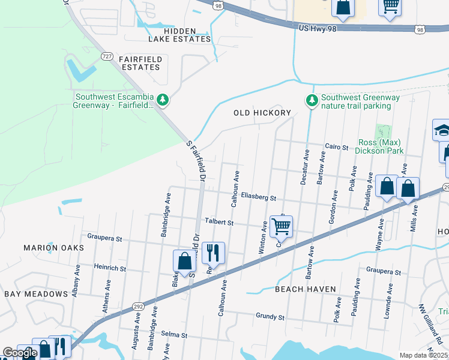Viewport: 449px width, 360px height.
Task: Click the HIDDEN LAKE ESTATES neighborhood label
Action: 180,35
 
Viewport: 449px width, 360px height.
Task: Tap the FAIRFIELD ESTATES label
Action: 139,63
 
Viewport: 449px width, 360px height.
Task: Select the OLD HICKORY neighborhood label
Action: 262,113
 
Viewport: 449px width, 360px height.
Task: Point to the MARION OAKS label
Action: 49,247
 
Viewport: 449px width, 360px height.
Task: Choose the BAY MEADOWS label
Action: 36,294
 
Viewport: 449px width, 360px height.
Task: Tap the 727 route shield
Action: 107,56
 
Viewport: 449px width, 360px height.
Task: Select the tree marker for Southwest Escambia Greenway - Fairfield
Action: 162,99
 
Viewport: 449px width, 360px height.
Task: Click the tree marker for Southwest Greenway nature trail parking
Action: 311,100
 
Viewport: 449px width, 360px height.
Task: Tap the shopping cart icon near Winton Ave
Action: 281,226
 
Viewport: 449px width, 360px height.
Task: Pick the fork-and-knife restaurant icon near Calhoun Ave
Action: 213,253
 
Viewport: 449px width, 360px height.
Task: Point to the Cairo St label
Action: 336,146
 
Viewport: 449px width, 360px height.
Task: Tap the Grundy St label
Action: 270,316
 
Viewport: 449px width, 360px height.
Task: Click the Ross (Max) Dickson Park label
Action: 381,147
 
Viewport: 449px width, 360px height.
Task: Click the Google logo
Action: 20,353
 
